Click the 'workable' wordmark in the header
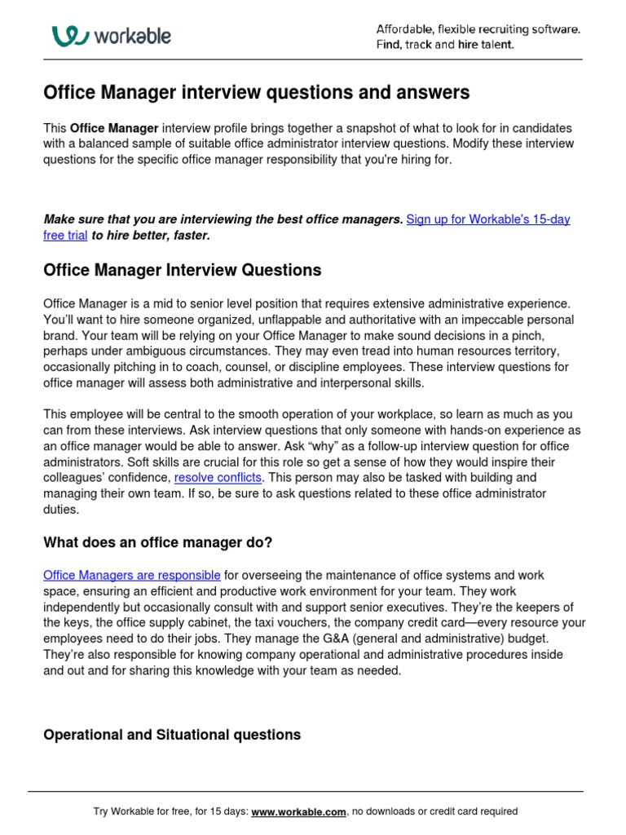point(131,36)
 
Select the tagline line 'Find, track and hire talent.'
point(445,45)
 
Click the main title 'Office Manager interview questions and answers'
point(256,93)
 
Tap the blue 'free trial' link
point(65,235)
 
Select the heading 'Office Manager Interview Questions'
point(182,270)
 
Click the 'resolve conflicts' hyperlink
point(218,477)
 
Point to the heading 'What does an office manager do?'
point(156,543)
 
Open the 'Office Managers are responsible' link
point(131,575)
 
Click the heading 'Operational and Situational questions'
point(171,735)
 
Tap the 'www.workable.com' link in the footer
point(299,811)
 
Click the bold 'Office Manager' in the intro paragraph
point(114,128)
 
